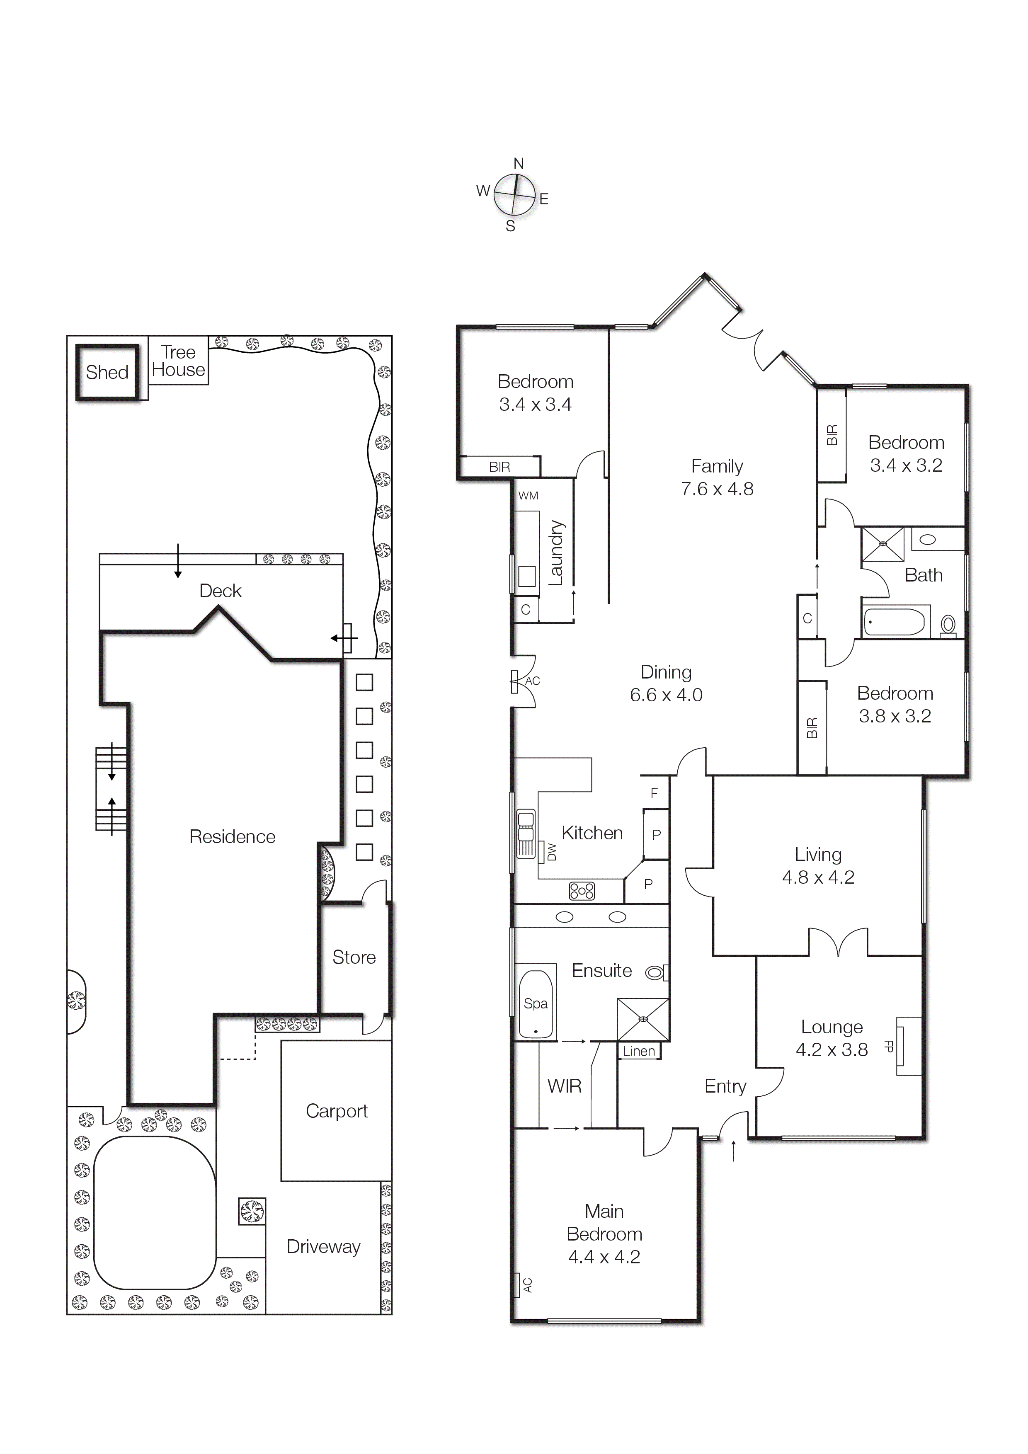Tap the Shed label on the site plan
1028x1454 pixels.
(107, 372)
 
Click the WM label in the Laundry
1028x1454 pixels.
(528, 496)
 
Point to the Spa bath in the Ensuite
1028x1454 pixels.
(535, 1004)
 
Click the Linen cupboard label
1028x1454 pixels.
(638, 1051)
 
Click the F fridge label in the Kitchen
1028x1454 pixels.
(654, 793)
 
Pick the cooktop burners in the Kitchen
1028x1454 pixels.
(582, 892)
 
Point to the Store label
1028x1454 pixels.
(354, 957)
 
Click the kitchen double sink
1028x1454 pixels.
(526, 834)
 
